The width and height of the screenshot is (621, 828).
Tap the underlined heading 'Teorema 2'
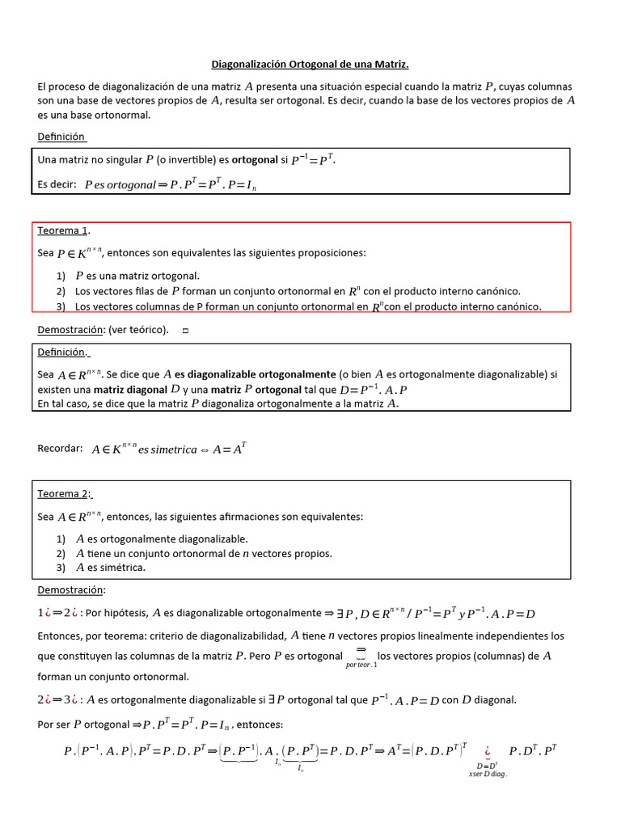[x=65, y=493]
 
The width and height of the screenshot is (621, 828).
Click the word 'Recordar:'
[x=60, y=448]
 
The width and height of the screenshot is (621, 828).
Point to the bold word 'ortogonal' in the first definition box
[x=255, y=160]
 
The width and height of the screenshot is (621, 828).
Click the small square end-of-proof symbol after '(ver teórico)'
[x=185, y=330]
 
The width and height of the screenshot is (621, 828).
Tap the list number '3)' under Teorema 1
[x=61, y=306]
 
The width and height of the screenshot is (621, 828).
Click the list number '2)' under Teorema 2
[x=61, y=553]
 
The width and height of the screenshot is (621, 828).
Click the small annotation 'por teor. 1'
[x=361, y=665]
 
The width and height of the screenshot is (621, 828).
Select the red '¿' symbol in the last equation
[x=488, y=750]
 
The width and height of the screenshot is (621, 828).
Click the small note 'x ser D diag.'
[x=488, y=773]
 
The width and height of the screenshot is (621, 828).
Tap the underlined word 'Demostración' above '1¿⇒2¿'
[x=71, y=589]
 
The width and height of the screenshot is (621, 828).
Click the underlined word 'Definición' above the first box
[x=61, y=136]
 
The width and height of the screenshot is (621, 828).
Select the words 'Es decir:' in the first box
[x=57, y=184]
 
